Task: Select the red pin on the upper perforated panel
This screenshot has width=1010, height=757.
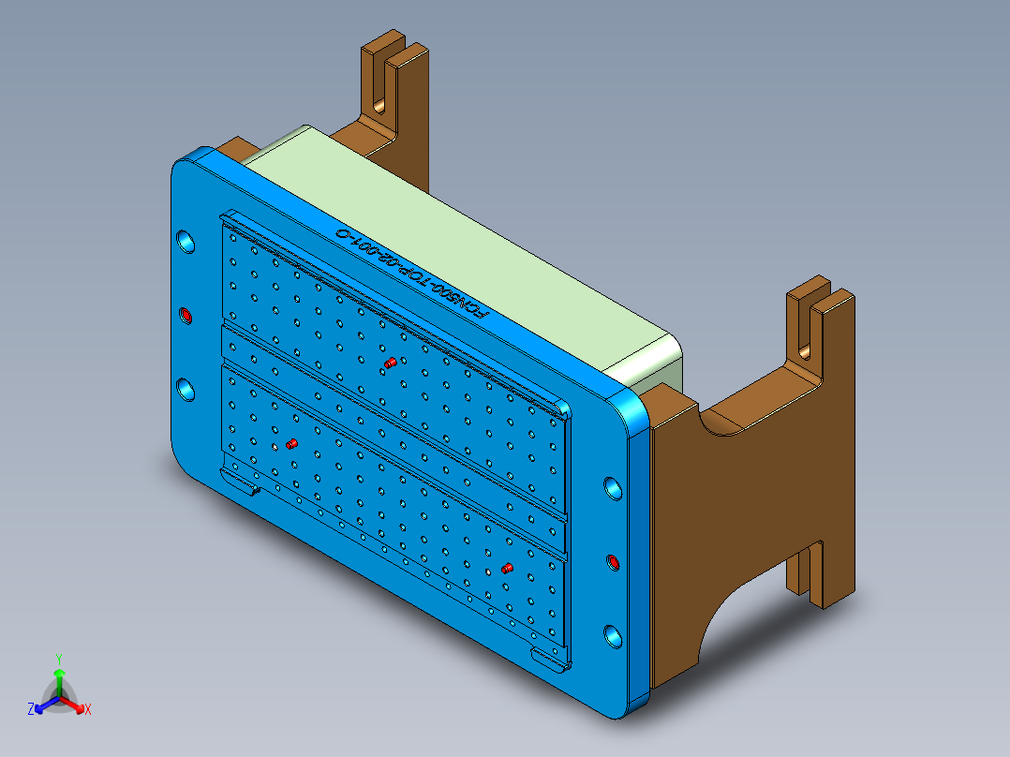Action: click(x=390, y=363)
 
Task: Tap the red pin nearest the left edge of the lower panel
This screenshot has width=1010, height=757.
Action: click(x=290, y=442)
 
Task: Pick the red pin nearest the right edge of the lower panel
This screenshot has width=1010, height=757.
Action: click(x=506, y=568)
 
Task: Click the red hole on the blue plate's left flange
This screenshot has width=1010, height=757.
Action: click(x=185, y=314)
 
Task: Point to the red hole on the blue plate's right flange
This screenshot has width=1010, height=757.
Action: click(x=613, y=562)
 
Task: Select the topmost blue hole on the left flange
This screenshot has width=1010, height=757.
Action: click(x=186, y=240)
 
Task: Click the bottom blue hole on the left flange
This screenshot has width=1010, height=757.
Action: click(x=186, y=389)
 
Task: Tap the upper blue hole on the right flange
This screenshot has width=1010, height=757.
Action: click(x=612, y=488)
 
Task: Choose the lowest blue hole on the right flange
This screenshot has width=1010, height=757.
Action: click(x=613, y=637)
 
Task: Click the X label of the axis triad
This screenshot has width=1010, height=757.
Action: click(x=88, y=709)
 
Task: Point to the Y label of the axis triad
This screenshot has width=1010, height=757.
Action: click(x=58, y=659)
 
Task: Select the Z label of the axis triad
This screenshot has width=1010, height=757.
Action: click(x=31, y=709)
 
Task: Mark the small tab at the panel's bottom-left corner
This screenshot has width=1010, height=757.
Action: click(x=242, y=483)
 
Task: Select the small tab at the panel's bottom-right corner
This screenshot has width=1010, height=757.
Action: click(x=550, y=659)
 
